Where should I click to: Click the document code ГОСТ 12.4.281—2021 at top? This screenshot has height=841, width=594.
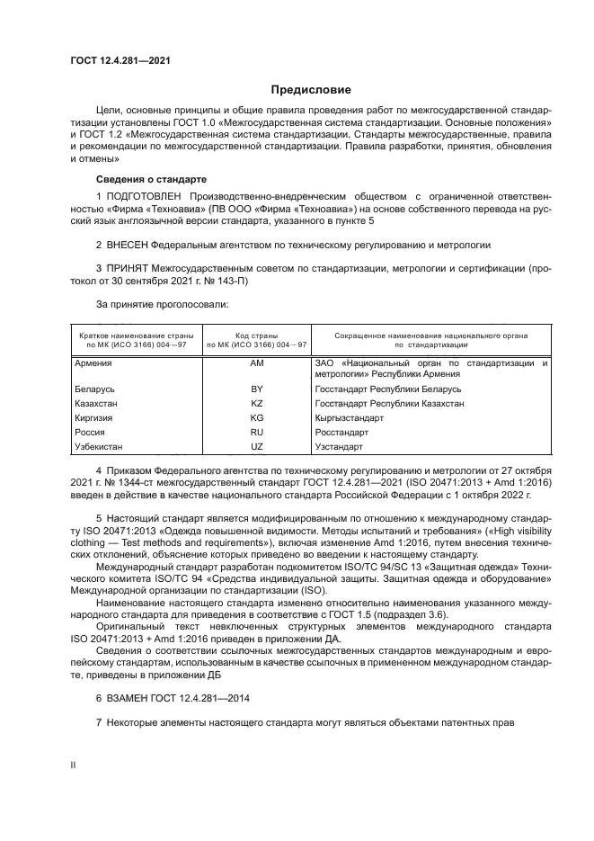[120, 60]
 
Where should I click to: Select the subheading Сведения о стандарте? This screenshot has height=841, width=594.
[151, 179]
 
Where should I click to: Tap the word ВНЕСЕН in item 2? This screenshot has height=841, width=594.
[126, 243]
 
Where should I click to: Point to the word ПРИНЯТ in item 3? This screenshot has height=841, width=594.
[128, 267]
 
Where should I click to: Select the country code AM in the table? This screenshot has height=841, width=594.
[256, 362]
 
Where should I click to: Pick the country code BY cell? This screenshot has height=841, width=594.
[256, 389]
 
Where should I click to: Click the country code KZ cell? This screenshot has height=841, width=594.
[256, 403]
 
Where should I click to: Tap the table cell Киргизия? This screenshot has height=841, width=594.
[95, 417]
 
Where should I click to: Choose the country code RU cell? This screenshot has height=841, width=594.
[256, 432]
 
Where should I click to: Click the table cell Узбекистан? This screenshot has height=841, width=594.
[100, 446]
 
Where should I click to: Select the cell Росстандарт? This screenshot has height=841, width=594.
[341, 432]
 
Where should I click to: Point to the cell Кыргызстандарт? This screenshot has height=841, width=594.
[350, 417]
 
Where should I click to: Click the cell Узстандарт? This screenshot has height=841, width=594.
[339, 446]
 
